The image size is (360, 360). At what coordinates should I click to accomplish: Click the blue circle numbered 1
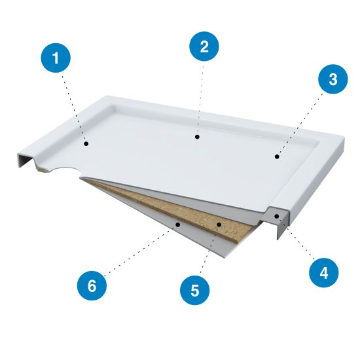click(x=56, y=58)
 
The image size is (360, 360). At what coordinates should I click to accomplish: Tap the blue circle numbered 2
click(x=204, y=46)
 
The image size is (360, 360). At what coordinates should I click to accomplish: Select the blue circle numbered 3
click(x=333, y=79)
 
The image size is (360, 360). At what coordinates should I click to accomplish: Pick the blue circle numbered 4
click(x=324, y=273)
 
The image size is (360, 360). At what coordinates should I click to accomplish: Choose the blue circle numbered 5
click(x=194, y=290)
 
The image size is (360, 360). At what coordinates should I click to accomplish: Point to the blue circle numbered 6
click(x=92, y=286)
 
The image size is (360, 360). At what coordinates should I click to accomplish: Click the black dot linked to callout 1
click(x=86, y=144)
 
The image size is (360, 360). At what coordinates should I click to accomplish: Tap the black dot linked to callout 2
click(x=197, y=137)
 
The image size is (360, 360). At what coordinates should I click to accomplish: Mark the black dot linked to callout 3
click(x=277, y=156)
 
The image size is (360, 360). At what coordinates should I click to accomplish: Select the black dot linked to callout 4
click(x=277, y=216)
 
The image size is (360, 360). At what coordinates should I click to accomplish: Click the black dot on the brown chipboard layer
click(x=219, y=225)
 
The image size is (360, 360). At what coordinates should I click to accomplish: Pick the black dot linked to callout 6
click(x=177, y=225)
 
